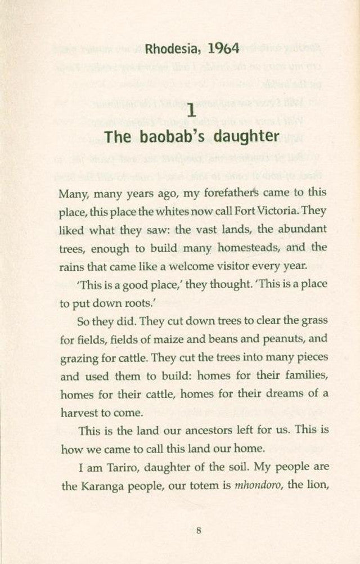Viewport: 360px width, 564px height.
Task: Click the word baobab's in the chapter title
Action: [x=167, y=136]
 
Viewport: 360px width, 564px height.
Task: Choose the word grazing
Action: [x=79, y=357]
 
